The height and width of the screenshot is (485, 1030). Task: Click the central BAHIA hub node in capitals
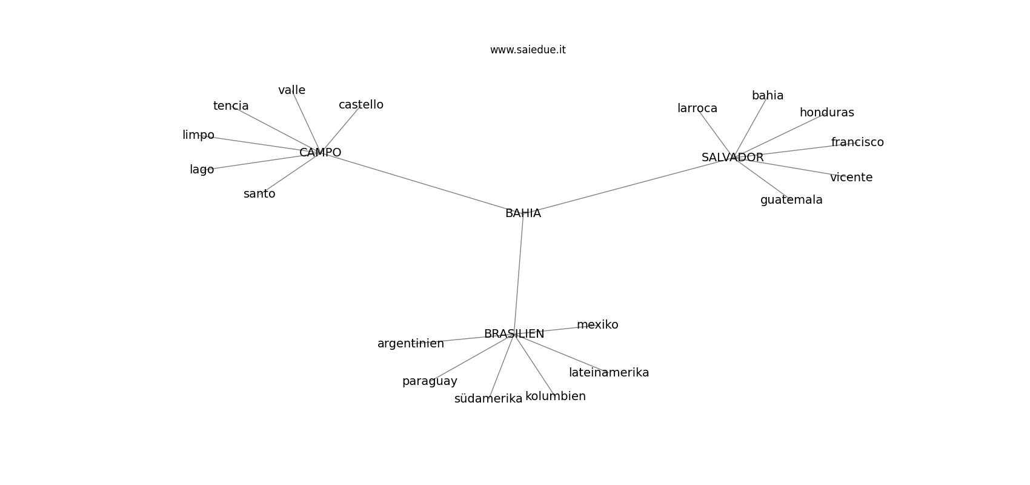tap(523, 213)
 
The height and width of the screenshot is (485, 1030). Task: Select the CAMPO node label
tap(320, 153)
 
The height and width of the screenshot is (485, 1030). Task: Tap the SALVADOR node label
tap(733, 158)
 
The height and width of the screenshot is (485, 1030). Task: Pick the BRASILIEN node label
tap(514, 334)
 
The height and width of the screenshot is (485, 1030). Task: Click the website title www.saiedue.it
tap(528, 50)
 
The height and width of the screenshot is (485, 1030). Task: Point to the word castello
tap(360, 105)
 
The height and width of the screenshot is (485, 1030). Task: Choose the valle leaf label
tap(291, 90)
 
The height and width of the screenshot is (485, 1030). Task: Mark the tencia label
tap(231, 106)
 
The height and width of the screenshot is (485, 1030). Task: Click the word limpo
tap(198, 135)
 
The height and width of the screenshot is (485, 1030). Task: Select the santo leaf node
tap(259, 194)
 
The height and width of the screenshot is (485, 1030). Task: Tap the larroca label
tap(697, 109)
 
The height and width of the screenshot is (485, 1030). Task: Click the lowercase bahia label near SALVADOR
tap(768, 96)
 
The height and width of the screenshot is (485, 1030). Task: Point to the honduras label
tap(826, 113)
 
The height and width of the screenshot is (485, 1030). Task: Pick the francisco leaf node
tap(857, 142)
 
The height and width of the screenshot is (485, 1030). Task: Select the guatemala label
tap(791, 200)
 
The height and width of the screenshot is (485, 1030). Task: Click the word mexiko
tap(597, 325)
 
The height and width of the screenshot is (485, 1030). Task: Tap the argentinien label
tap(411, 344)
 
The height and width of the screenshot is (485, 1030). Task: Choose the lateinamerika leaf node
tap(609, 373)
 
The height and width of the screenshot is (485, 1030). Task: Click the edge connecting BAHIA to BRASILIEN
tap(519, 273)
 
